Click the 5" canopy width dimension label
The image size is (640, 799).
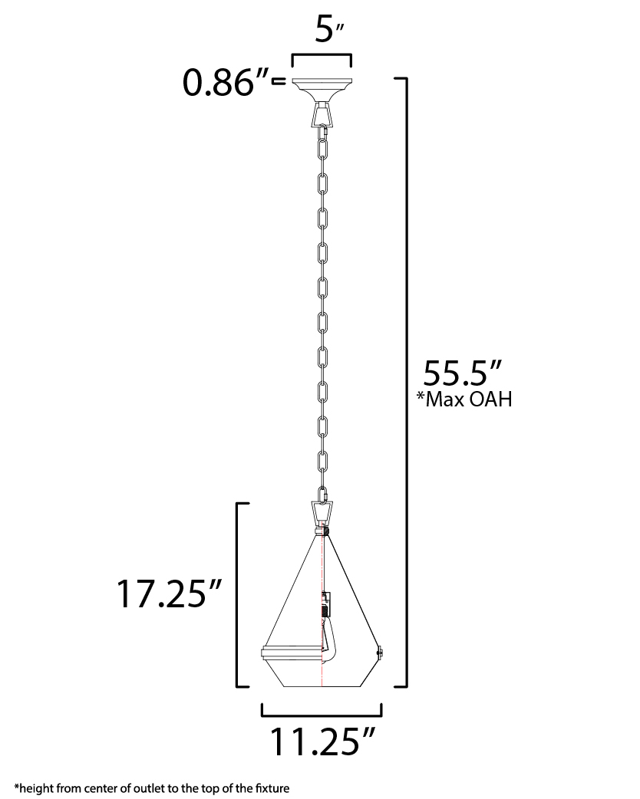[x=328, y=30]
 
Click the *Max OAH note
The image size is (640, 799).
[x=464, y=399]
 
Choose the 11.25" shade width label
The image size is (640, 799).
[x=322, y=741]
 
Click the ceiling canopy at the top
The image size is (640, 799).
[x=322, y=90]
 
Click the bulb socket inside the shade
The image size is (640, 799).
[x=326, y=606]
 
